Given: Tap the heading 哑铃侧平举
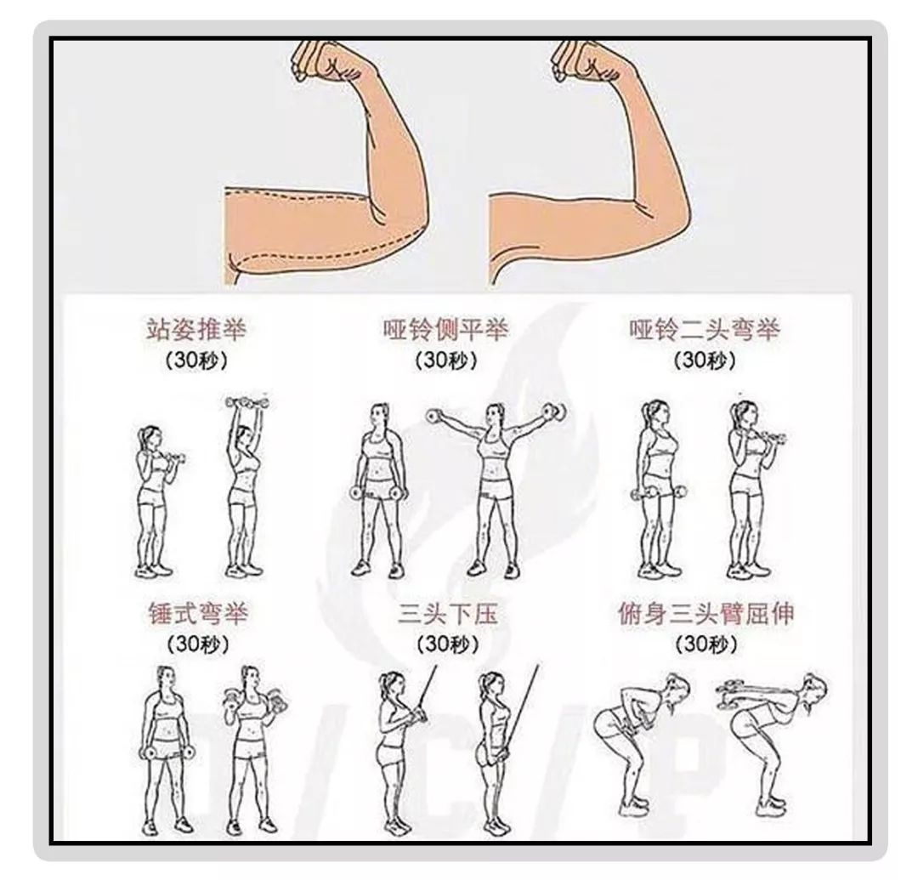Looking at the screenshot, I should tap(445, 329).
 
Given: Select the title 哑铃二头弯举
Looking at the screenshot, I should tap(704, 329).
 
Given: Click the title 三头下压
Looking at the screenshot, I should tap(447, 613).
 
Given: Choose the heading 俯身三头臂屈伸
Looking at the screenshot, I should tap(705, 613).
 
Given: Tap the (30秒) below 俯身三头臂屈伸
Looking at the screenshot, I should tap(705, 644).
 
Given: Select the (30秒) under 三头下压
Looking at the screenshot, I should tap(447, 644).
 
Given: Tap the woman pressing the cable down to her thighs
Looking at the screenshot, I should tap(494, 748).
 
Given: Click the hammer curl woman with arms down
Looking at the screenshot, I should tap(162, 748).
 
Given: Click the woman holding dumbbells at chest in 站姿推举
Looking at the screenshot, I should tap(153, 497).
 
